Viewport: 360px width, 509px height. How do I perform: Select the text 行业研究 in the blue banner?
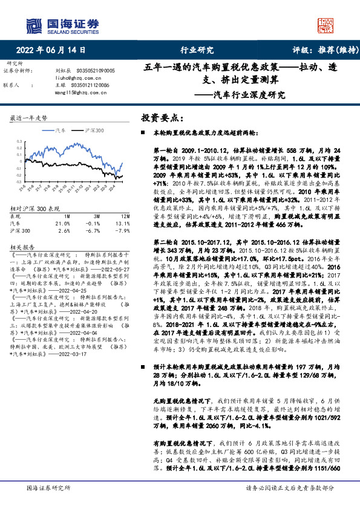(197, 51)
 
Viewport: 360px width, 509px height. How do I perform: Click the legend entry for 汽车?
(58, 131)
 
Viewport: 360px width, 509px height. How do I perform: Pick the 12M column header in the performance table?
(125, 215)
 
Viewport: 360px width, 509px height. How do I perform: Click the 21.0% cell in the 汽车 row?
(62, 222)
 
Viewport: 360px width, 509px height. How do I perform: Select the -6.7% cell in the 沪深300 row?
(93, 230)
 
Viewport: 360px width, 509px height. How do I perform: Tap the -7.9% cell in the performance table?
(123, 230)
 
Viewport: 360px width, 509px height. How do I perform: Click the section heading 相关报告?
(25, 247)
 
